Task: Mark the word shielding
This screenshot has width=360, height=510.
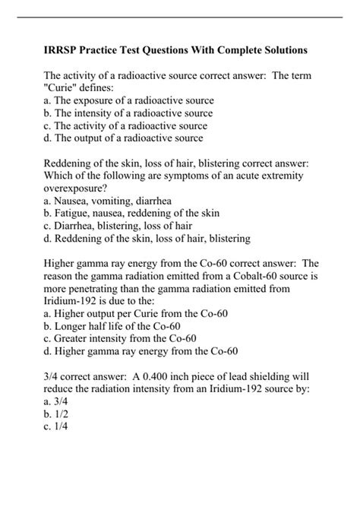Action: (276, 388)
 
